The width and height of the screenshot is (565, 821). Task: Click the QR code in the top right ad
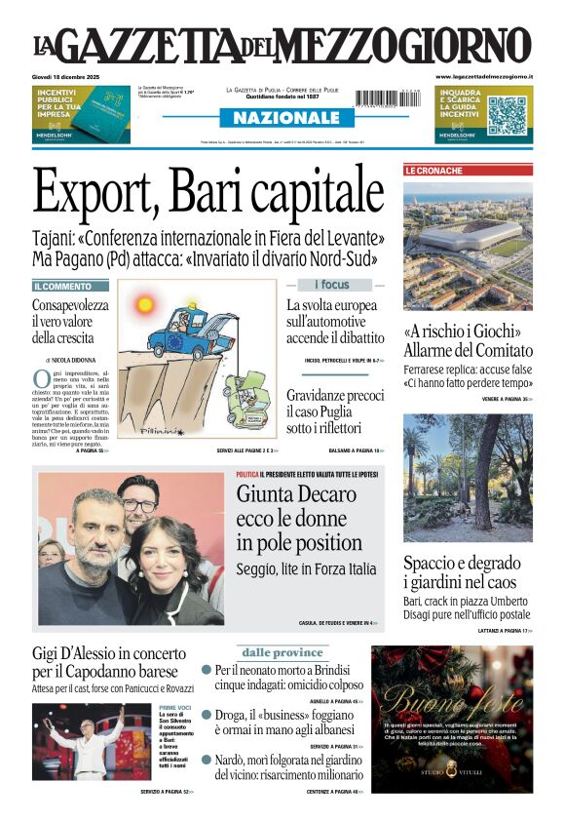pos(507,115)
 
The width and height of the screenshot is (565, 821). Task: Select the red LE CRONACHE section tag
pos(433,171)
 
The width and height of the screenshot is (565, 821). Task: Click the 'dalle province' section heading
pos(282,652)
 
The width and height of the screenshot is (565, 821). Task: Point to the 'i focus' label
pos(331,285)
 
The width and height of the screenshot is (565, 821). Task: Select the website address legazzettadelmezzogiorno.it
pos(483,76)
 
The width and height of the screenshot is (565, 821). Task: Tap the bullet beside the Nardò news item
pos(207,760)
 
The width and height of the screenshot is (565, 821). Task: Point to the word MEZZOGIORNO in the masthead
pos(422,46)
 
